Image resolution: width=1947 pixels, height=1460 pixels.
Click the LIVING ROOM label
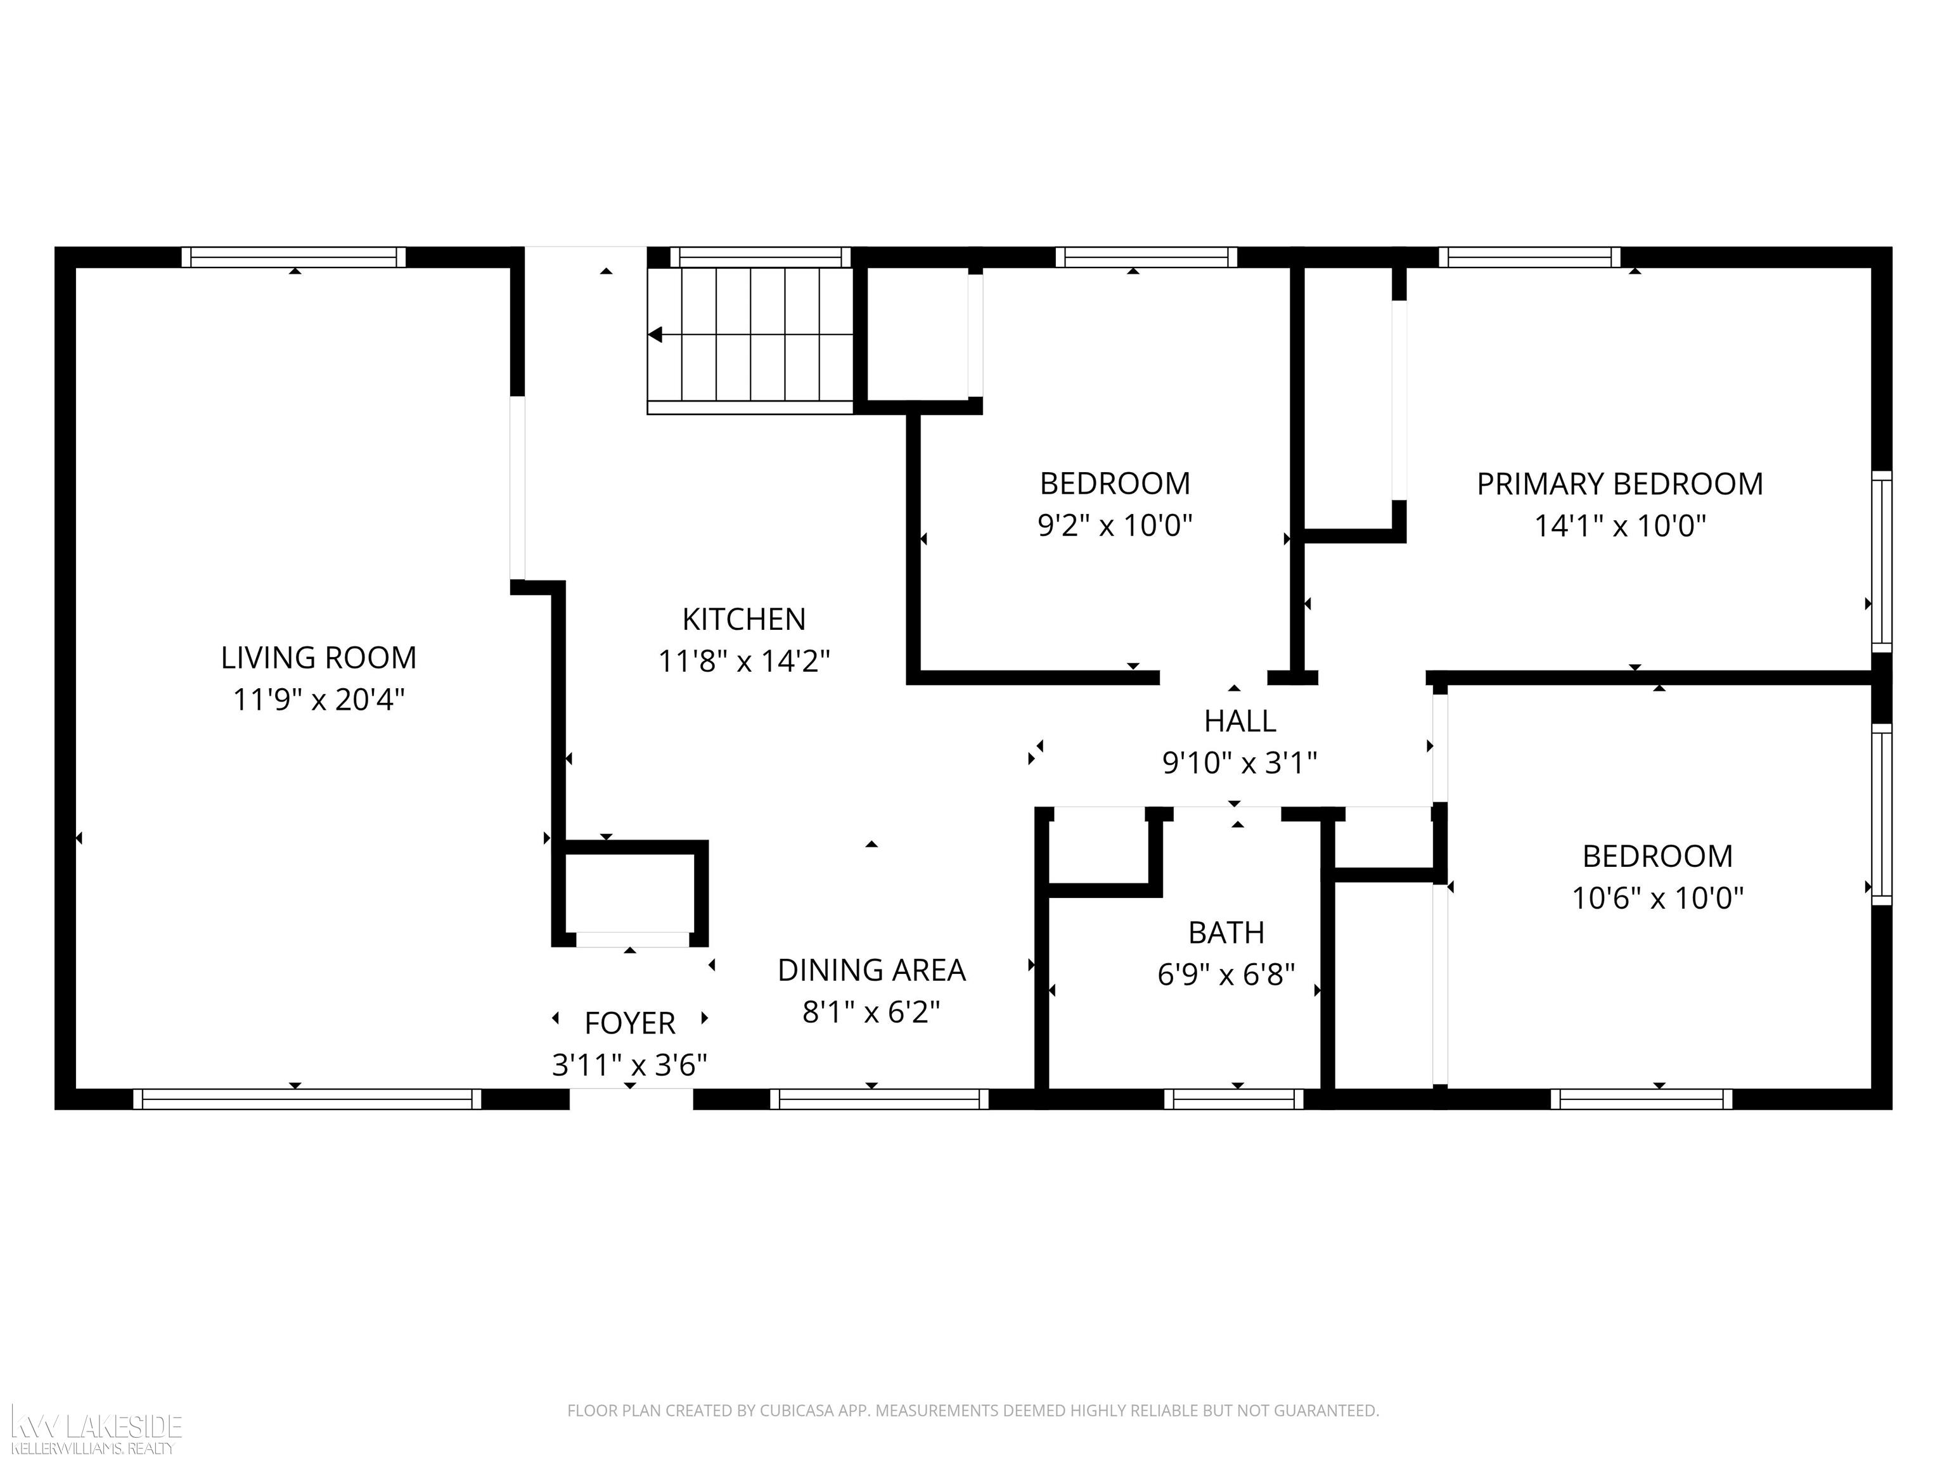pyautogui.click(x=319, y=657)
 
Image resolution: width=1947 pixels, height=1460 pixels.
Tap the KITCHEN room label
pyautogui.click(x=744, y=620)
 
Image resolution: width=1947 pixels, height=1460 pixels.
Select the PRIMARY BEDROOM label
pyautogui.click(x=1619, y=484)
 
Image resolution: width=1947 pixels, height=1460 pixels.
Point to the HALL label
pyautogui.click(x=1239, y=720)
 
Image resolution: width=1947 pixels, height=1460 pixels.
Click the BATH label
pyautogui.click(x=1226, y=932)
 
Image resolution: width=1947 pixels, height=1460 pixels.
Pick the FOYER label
pyautogui.click(x=629, y=1023)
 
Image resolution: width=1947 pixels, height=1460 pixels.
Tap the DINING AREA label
pyautogui.click(x=871, y=970)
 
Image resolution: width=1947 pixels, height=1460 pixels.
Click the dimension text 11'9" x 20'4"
pyautogui.click(x=319, y=700)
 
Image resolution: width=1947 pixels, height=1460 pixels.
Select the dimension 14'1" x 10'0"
pyautogui.click(x=1619, y=526)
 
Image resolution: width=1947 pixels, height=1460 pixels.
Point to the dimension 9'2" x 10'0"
pyautogui.click(x=1114, y=525)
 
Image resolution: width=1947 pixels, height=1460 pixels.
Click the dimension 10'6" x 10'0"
pyautogui.click(x=1657, y=898)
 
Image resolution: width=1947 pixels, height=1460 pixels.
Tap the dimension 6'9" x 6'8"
pyautogui.click(x=1226, y=974)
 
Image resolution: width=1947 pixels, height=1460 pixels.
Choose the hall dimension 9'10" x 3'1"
pyautogui.click(x=1239, y=762)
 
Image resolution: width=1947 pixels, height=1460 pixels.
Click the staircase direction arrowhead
pyautogui.click(x=655, y=335)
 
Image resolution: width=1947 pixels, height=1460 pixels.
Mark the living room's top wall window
pyautogui.click(x=294, y=257)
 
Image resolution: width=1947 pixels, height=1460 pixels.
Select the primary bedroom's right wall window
pyautogui.click(x=1881, y=561)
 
